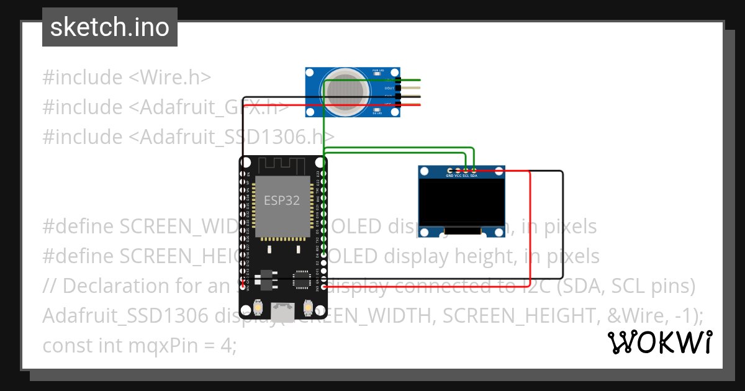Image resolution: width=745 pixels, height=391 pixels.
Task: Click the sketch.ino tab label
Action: click(109, 27)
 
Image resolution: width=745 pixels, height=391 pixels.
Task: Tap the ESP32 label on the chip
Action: click(282, 200)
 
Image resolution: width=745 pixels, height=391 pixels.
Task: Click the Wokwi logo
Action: click(659, 342)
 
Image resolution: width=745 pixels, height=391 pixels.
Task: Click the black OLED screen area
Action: click(461, 202)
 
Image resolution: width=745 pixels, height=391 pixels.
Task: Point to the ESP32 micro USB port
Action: click(283, 308)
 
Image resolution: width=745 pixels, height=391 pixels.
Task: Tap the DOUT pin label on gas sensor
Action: click(389, 88)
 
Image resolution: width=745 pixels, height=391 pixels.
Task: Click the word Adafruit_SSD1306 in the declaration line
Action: click(125, 315)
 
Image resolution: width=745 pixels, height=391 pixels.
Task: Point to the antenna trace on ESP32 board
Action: click(282, 165)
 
